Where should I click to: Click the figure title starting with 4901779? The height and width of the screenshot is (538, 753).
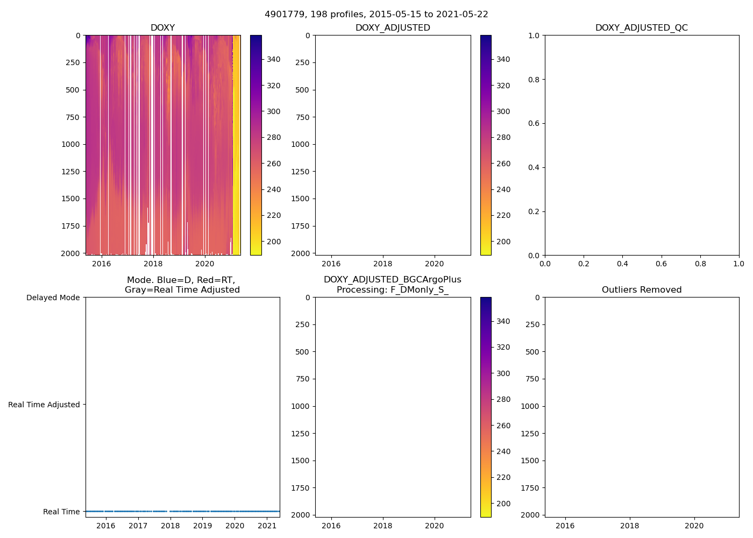tap(376, 15)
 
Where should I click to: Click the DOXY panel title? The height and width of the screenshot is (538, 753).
tap(162, 28)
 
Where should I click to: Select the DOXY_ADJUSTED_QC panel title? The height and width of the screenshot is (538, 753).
tap(641, 28)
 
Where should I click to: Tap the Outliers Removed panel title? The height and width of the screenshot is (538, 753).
tap(641, 290)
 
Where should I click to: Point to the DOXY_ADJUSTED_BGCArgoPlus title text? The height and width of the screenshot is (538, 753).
tap(392, 280)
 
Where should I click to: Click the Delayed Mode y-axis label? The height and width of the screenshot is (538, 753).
tap(53, 298)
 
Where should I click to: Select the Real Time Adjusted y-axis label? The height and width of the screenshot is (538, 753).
tap(44, 405)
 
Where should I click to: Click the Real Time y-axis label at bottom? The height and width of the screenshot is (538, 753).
tap(61, 512)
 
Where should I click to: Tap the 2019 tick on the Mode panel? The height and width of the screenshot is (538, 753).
tap(202, 526)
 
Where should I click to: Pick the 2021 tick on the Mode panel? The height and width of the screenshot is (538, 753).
tap(267, 526)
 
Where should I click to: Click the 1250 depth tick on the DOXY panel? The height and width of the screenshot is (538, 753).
tap(70, 172)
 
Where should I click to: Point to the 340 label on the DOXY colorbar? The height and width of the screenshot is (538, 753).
tap(274, 59)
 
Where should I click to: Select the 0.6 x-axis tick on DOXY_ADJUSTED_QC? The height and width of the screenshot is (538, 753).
tap(661, 264)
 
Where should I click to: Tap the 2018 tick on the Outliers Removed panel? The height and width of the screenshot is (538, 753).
tap(629, 526)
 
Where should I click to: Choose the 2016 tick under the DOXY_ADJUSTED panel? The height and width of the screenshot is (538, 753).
tap(331, 264)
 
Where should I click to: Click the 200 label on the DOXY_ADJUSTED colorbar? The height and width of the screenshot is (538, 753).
tap(503, 242)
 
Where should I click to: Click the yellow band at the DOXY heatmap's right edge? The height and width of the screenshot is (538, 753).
tap(237, 161)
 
